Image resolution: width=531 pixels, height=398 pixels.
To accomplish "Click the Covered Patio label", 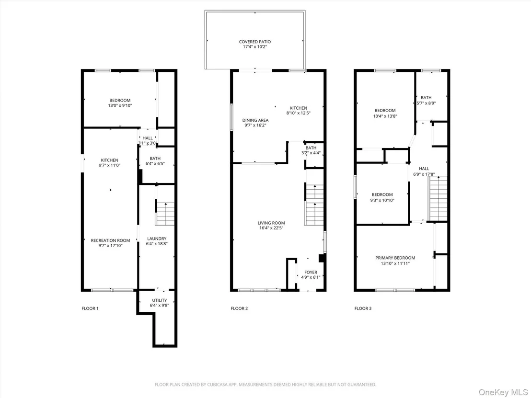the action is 255,42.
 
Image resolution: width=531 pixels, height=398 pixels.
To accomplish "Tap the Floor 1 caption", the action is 90,308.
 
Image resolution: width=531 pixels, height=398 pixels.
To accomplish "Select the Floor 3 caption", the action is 363,308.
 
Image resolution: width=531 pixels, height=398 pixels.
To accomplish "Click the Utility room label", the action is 160,300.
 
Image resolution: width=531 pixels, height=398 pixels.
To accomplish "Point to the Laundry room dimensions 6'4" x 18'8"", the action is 157,244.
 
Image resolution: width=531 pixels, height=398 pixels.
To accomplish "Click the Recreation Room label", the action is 110,240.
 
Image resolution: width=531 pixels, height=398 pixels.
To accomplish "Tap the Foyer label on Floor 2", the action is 311,272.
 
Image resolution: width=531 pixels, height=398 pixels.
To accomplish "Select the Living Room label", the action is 271,223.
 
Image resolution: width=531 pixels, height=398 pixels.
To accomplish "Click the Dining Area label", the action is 255,120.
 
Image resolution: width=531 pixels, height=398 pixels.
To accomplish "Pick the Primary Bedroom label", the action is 395,258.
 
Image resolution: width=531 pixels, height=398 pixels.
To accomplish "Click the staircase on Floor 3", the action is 438,199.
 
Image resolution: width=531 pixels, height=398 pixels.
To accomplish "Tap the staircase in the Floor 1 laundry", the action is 165,214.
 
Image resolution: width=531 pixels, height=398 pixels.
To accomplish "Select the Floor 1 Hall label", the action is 148,138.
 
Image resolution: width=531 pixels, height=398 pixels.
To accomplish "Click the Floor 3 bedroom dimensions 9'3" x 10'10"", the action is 382,200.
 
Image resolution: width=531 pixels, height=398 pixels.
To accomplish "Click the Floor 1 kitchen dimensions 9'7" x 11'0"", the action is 109,166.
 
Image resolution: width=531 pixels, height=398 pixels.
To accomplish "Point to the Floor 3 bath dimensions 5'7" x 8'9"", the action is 426,103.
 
